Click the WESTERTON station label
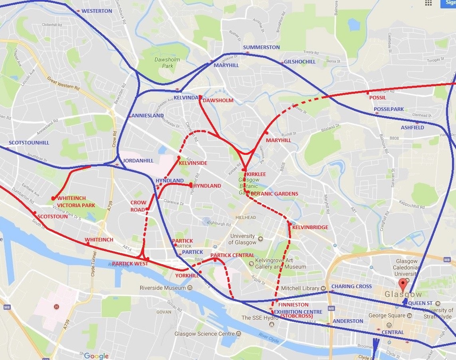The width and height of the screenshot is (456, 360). click(97, 11)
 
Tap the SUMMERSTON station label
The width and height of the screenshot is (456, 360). click(262, 47)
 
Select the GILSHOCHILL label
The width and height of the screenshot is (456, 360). click(299, 62)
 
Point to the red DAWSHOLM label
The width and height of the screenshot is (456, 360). click(218, 101)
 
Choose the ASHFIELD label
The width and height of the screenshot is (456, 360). click(412, 128)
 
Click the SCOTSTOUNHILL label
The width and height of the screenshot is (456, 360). click(29, 143)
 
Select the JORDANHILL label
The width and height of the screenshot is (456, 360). click(138, 160)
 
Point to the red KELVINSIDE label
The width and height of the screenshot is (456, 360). click(193, 163)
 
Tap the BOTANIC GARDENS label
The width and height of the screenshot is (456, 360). click(274, 194)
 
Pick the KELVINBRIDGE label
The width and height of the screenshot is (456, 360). click(310, 227)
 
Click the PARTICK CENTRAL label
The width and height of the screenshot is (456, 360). click(232, 255)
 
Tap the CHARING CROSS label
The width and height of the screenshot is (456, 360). click(351, 287)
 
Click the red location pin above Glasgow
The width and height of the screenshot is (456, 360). click(403, 285)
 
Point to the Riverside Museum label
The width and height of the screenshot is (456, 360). click(163, 288)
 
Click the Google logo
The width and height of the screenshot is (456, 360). click(96, 356)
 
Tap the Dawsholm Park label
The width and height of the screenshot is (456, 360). click(167, 63)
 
